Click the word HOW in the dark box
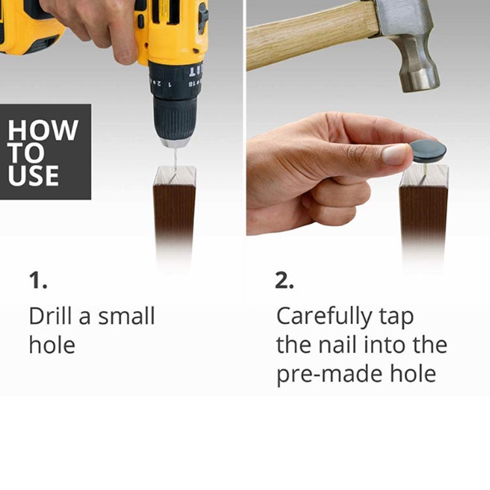(43, 130)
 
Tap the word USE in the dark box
(33, 175)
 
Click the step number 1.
(38, 280)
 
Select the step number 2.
(284, 280)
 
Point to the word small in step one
(127, 316)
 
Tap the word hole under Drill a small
(52, 345)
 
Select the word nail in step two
(338, 344)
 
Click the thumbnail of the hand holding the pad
(395, 154)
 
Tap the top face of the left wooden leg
(175, 176)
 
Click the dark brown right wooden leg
(423, 219)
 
